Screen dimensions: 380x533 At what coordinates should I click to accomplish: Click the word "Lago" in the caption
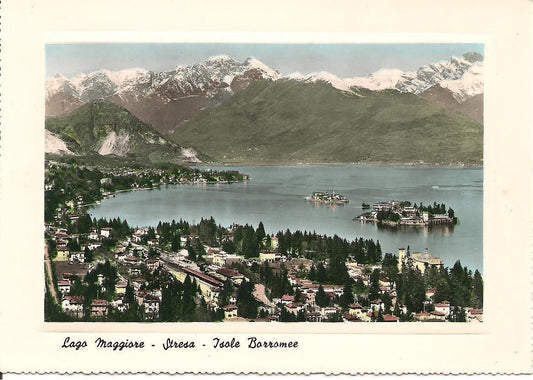(x=75, y=343)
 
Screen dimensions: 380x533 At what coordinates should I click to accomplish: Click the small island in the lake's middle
(x=327, y=198)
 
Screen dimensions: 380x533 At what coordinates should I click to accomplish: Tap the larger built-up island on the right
(x=408, y=213)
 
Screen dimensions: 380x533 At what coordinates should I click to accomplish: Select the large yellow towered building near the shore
(x=421, y=259)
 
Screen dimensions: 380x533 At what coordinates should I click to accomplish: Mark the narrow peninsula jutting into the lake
(x=215, y=177)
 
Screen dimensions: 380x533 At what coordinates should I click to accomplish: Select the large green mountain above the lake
(x=320, y=120)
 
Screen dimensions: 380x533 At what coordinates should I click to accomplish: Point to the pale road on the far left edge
(x=50, y=280)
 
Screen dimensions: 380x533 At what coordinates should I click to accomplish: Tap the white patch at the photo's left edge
(x=55, y=143)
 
